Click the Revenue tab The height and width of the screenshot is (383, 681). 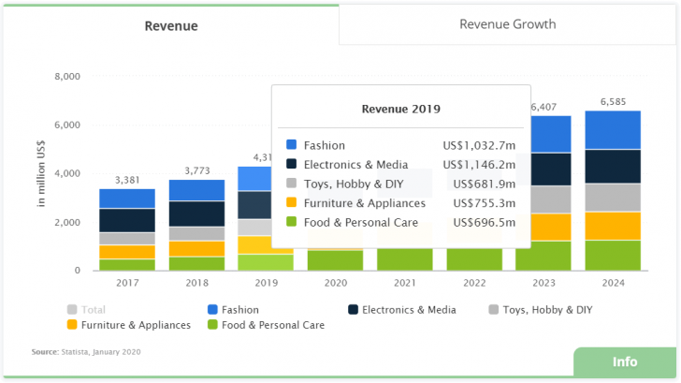click(170, 25)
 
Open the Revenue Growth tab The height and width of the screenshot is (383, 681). click(507, 23)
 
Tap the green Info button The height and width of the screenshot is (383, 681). click(624, 362)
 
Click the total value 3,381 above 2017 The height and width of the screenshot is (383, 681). click(128, 180)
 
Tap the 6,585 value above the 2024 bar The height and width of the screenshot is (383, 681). click(613, 101)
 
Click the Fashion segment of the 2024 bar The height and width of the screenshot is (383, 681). click(613, 130)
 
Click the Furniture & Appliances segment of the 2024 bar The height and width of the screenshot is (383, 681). click(613, 226)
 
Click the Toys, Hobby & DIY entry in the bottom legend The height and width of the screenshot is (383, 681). click(548, 309)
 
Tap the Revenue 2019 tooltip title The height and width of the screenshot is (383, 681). click(400, 109)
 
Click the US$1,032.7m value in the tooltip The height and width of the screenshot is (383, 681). click(479, 145)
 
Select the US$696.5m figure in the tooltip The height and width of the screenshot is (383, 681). click(483, 223)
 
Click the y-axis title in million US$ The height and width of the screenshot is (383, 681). click(42, 173)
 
